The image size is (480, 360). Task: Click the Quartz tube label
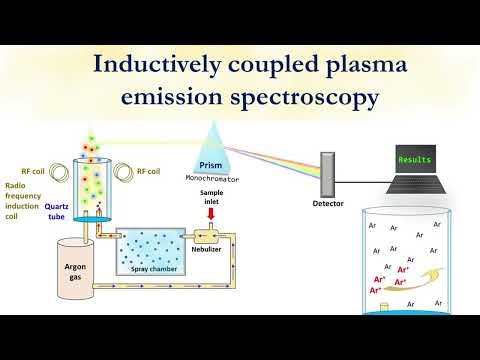coord(56,213)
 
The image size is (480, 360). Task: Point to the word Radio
coord(15,185)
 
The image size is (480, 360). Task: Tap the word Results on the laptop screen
coord(414,160)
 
